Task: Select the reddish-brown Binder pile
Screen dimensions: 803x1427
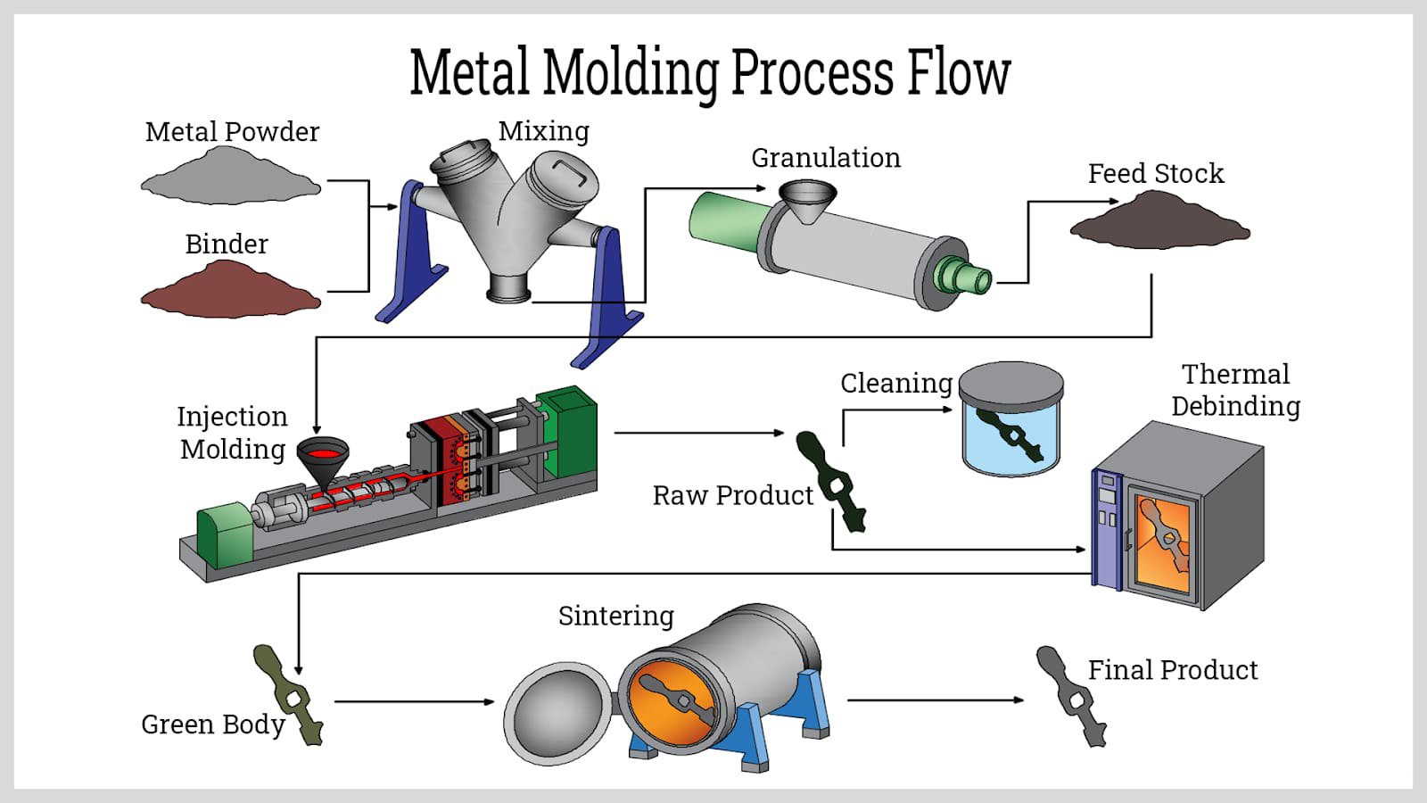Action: coord(230,291)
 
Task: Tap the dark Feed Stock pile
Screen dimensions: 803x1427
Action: coord(1159,221)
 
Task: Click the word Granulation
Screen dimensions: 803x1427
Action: coord(825,158)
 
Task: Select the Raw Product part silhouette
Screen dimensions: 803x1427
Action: coord(835,482)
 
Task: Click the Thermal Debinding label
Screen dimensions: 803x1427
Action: coord(1235,390)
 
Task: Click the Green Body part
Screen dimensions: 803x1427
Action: coord(287,694)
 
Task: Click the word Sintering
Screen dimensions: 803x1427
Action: coord(615,616)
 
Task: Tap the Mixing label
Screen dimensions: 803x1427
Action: coord(543,131)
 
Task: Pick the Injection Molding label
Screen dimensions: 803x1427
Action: coord(232,433)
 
